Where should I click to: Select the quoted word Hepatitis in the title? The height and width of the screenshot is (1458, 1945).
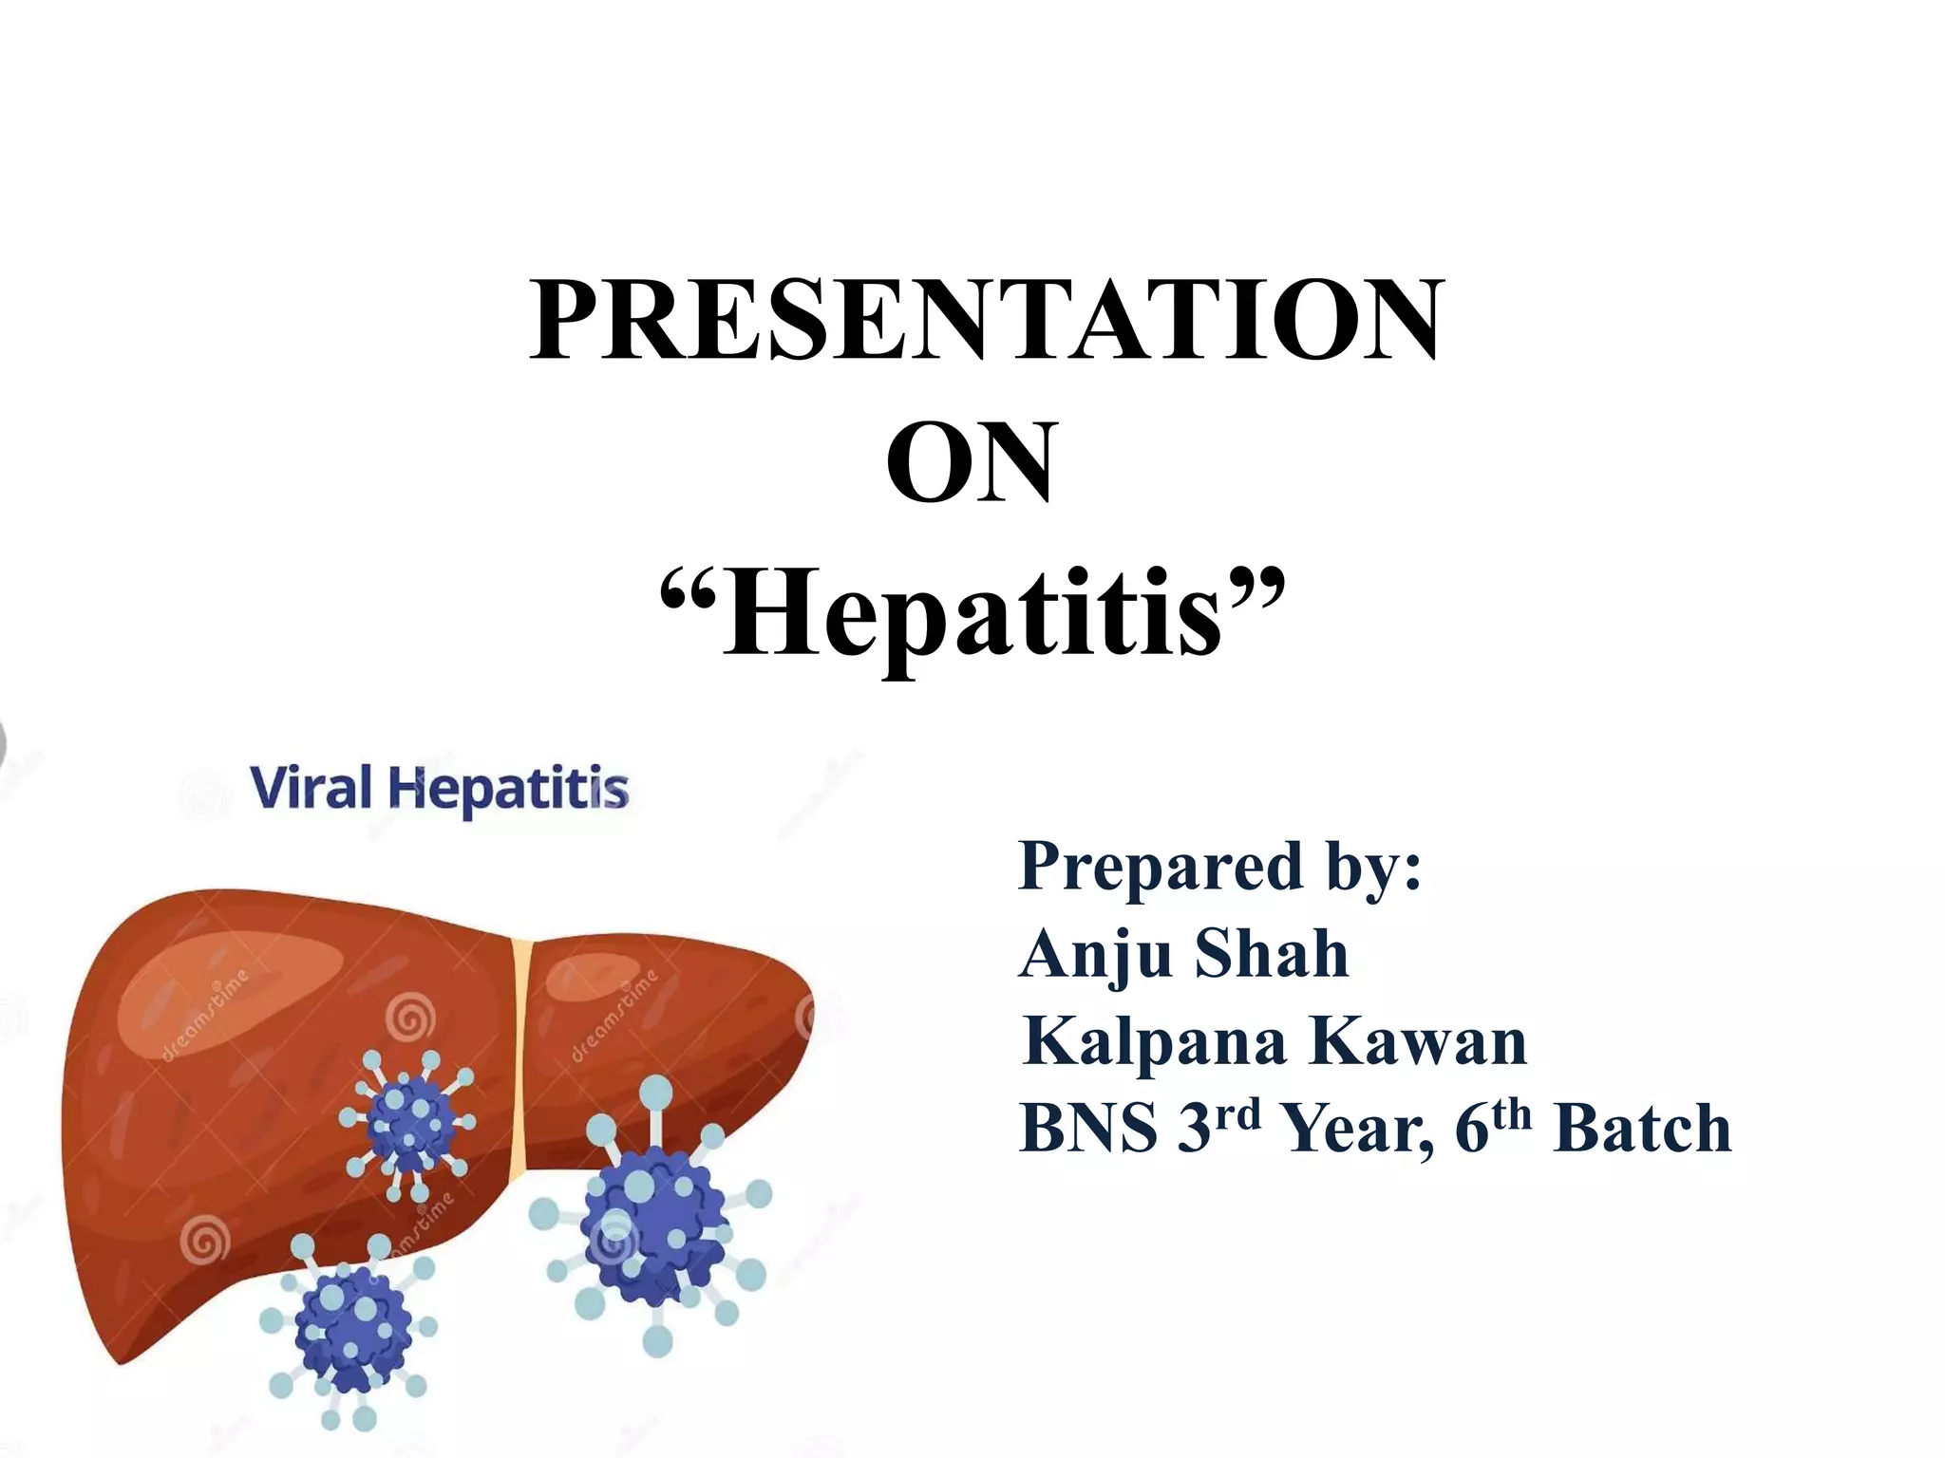tap(972, 611)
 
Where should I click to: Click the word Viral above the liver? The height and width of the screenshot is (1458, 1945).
tap(311, 788)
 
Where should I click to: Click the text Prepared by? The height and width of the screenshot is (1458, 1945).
tap(1219, 866)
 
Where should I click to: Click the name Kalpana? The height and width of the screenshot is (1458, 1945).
tap(1155, 1040)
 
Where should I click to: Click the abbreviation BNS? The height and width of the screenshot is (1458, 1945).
tap(1088, 1129)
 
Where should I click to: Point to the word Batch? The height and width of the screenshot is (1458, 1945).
tap(1642, 1129)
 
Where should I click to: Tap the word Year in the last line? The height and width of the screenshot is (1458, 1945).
tap(1358, 1130)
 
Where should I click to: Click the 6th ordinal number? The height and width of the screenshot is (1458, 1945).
tap(1492, 1125)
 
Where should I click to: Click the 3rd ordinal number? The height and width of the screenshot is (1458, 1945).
tap(1218, 1125)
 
